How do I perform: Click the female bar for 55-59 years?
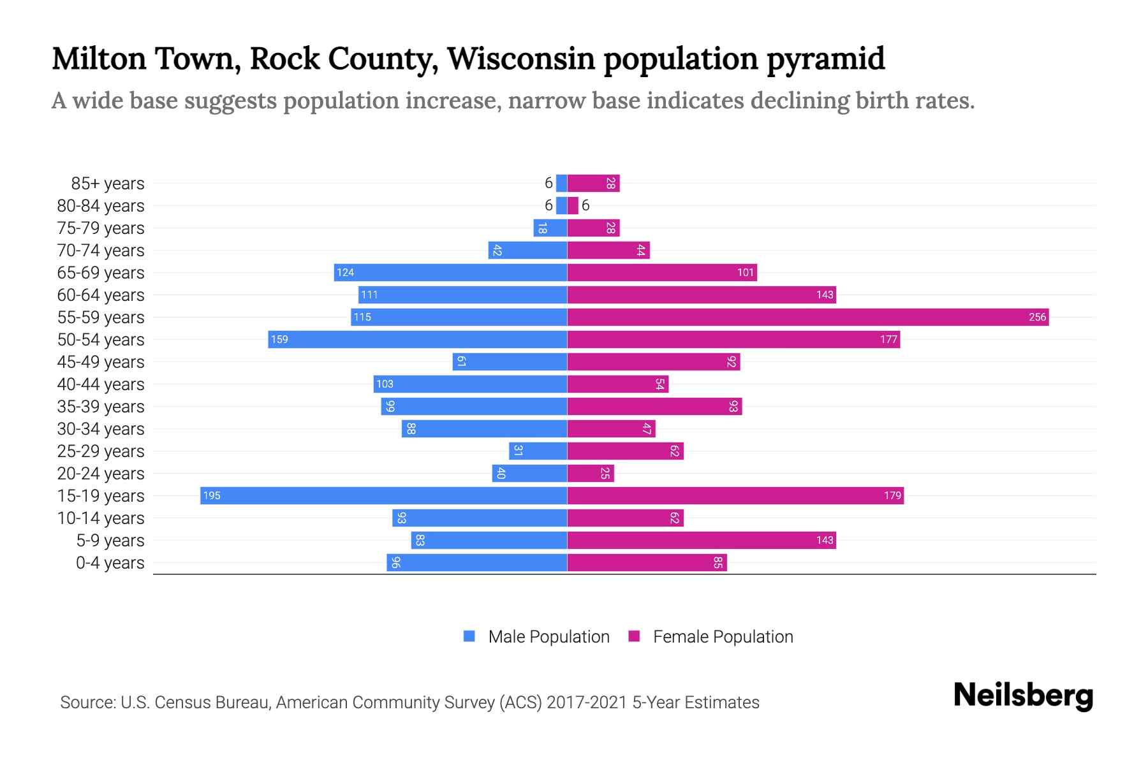807,317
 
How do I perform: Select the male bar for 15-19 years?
383,495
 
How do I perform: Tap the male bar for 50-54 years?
417,339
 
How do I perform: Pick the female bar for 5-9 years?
701,540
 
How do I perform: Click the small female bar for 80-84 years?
573,205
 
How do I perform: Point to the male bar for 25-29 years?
538,451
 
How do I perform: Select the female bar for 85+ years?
593,183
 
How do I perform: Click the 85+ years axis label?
107,184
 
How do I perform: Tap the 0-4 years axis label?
110,563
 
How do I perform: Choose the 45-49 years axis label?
101,362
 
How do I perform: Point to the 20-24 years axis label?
101,474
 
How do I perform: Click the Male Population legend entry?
536,636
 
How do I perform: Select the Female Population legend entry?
710,636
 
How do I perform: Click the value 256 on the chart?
1037,317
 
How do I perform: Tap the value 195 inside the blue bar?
212,495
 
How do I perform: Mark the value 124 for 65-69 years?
345,272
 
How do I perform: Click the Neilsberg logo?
1023,696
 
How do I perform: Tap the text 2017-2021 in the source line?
587,702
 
